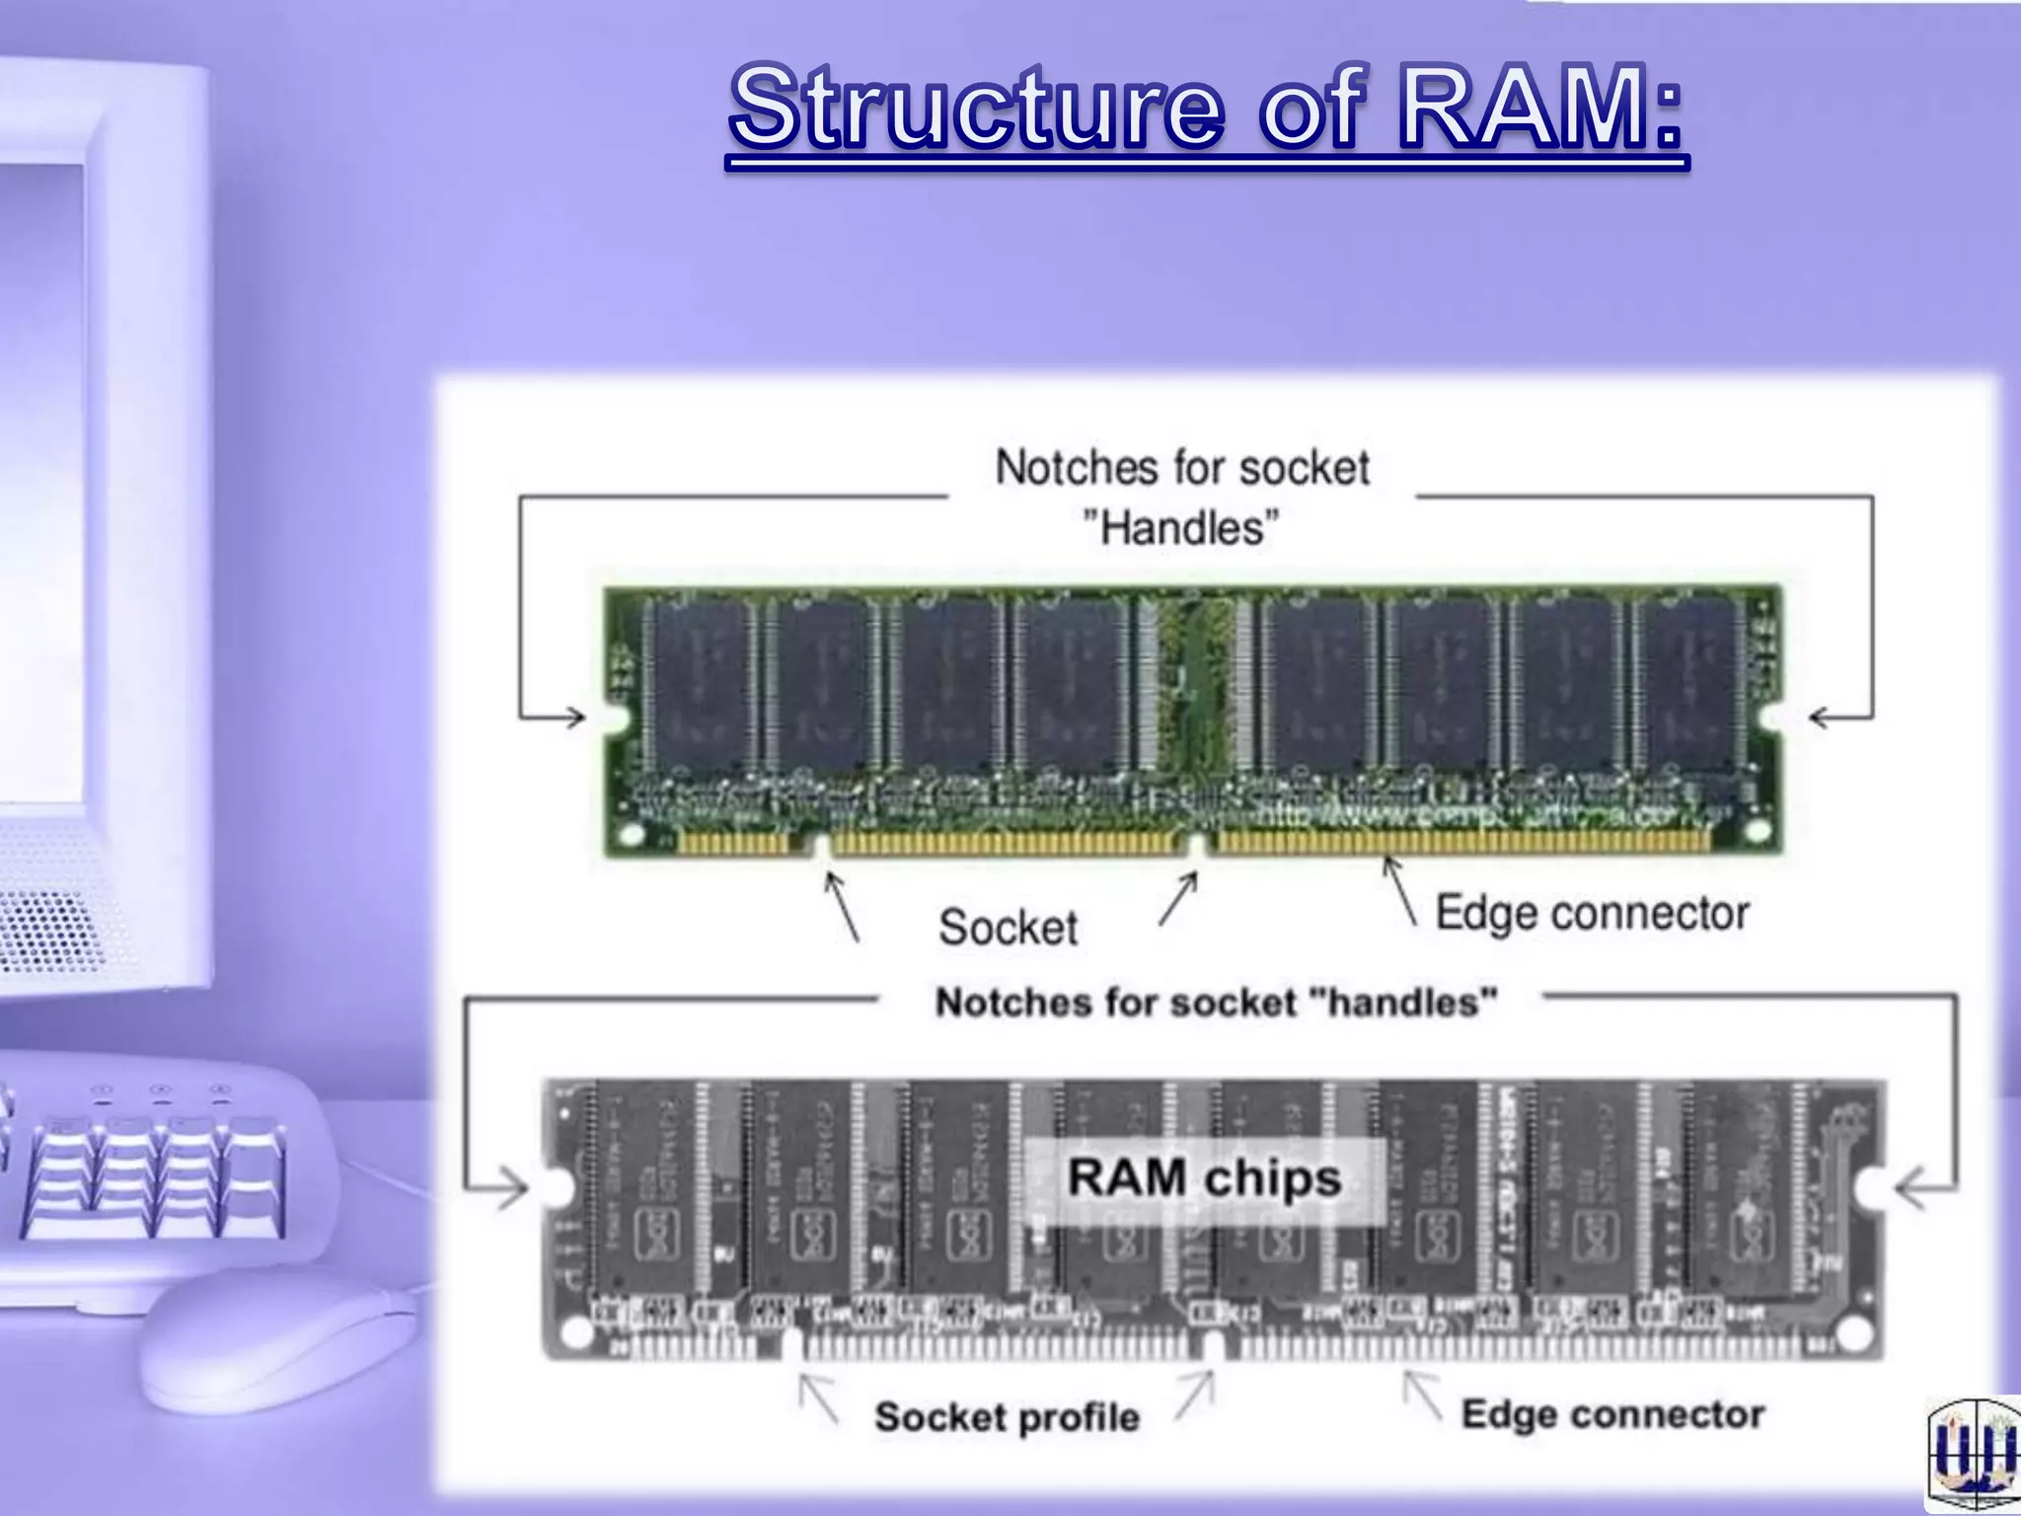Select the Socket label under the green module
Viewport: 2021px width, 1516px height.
(1008, 928)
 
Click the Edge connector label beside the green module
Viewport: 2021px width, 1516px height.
(1591, 913)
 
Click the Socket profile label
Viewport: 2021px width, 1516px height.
(1007, 1417)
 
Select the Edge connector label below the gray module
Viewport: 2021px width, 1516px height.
(1611, 1414)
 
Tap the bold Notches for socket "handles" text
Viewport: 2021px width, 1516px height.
(1216, 1003)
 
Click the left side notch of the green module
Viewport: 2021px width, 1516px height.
(616, 718)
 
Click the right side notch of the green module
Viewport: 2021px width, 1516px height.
(1772, 718)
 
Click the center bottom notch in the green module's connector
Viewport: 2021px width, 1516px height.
(1197, 845)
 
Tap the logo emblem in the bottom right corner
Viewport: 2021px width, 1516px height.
(1974, 1457)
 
